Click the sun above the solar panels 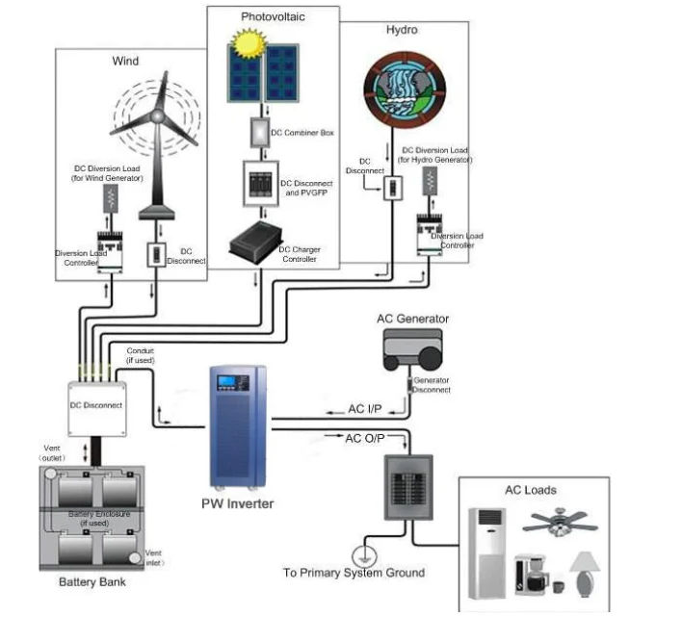click(x=249, y=43)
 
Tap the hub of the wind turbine click(x=157, y=116)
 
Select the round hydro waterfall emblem click(x=405, y=90)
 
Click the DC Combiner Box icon click(x=260, y=132)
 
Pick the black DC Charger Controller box click(x=256, y=243)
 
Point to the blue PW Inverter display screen click(x=226, y=381)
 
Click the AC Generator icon click(x=413, y=349)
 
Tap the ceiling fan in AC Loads click(x=560, y=522)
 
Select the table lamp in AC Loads click(x=585, y=575)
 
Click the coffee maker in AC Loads click(x=531, y=575)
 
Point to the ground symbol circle click(x=364, y=556)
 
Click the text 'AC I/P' click(x=364, y=409)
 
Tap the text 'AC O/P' click(x=365, y=439)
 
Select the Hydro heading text click(x=402, y=30)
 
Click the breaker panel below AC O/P click(x=408, y=487)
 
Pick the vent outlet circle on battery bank click(x=51, y=473)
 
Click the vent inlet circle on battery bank click(x=135, y=558)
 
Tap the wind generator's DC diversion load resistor click(x=111, y=198)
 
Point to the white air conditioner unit click(x=486, y=553)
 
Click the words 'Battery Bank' click(x=92, y=582)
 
